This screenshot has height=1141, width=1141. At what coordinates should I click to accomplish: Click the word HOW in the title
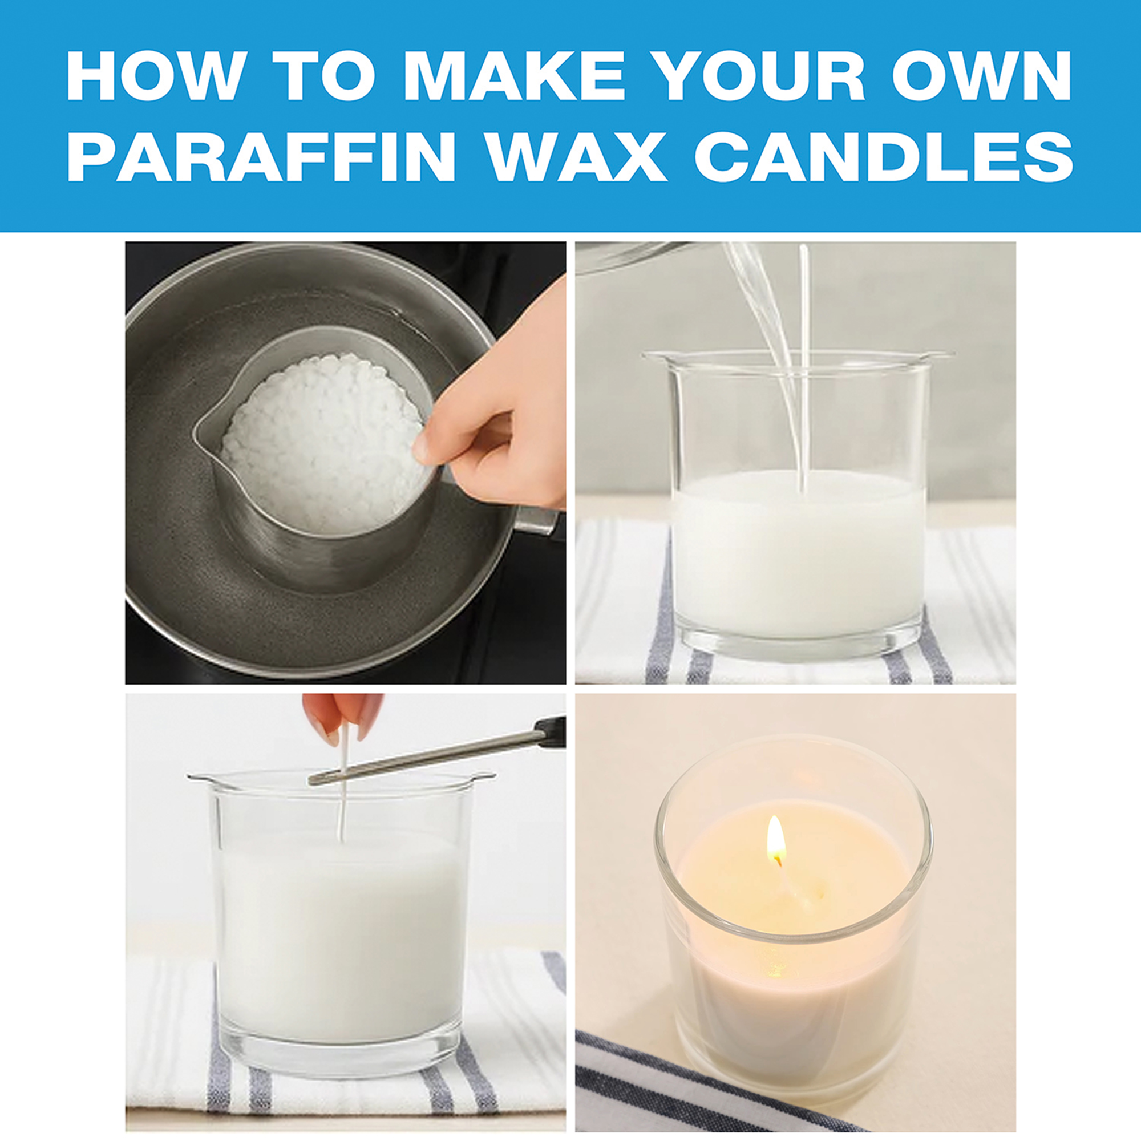pyautogui.click(x=155, y=76)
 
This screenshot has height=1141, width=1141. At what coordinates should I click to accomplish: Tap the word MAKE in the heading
pyautogui.click(x=513, y=76)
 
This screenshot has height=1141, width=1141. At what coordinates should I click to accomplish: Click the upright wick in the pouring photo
pyautogui.click(x=804, y=366)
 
